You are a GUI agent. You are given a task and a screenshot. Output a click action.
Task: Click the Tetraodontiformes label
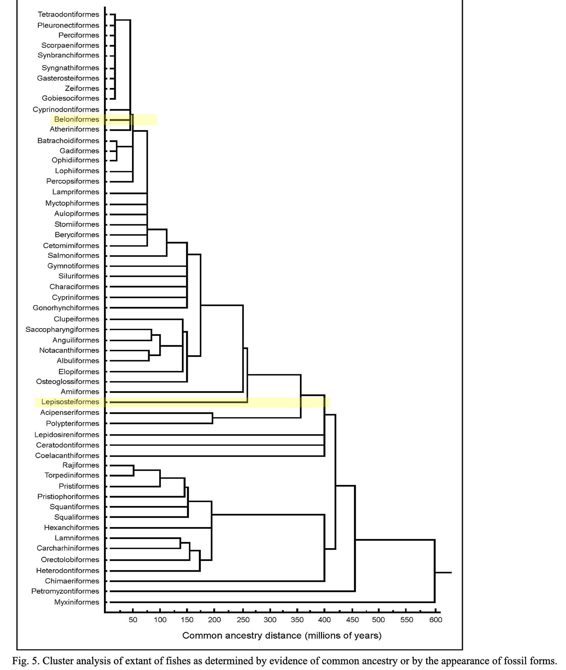coord(68,14)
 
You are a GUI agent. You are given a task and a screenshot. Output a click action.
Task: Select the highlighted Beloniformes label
coord(77,120)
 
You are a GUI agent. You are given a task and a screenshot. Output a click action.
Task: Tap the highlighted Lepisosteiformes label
coord(70,402)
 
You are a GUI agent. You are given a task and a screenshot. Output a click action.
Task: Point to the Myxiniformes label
coord(77,602)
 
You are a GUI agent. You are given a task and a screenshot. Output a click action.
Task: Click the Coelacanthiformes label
coord(67,455)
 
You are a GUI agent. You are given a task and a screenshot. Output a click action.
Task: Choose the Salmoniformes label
coord(74,255)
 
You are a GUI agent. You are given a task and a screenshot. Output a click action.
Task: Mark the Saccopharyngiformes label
coord(62,329)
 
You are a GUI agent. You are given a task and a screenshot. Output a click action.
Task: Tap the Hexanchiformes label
coord(72,527)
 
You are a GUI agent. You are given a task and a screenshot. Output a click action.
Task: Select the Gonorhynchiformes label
coord(66,308)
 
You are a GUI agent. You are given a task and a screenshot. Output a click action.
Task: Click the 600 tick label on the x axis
coord(435,620)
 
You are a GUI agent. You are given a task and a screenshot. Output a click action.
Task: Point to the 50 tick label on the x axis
coord(133,620)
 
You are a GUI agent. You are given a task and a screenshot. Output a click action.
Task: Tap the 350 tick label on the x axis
coord(297,620)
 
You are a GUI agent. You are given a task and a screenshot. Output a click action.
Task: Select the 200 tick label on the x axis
coord(214,620)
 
